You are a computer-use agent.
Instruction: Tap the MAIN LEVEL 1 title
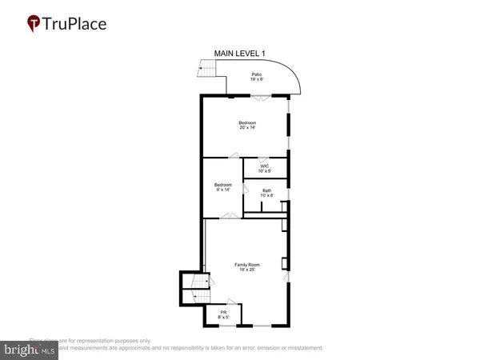pyautogui.click(x=239, y=54)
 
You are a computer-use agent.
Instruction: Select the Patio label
pyautogui.click(x=257, y=78)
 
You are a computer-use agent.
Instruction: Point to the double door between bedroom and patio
pyautogui.click(x=261, y=97)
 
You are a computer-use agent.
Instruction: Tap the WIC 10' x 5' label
pyautogui.click(x=264, y=169)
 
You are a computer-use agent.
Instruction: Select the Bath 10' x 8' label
pyautogui.click(x=266, y=193)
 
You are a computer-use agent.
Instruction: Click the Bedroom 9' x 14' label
pyautogui.click(x=222, y=187)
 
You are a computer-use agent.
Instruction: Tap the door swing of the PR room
pyautogui.click(x=231, y=302)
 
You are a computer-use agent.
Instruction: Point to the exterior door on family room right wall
pyautogui.click(x=286, y=277)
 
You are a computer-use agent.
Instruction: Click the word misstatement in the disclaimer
pyautogui.click(x=302, y=348)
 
